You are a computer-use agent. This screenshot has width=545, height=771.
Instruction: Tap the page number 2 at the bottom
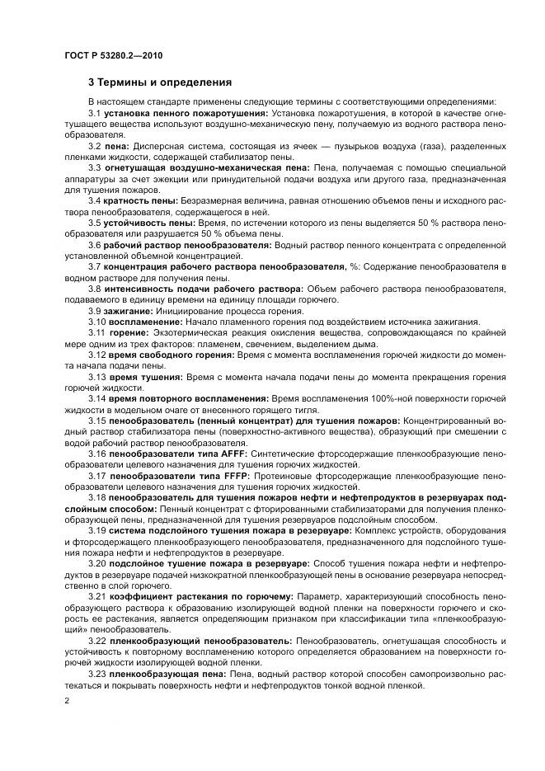tap(66, 700)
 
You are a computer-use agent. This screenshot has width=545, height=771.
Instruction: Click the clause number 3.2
tap(95, 146)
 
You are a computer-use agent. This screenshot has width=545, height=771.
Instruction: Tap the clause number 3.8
tap(95, 289)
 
